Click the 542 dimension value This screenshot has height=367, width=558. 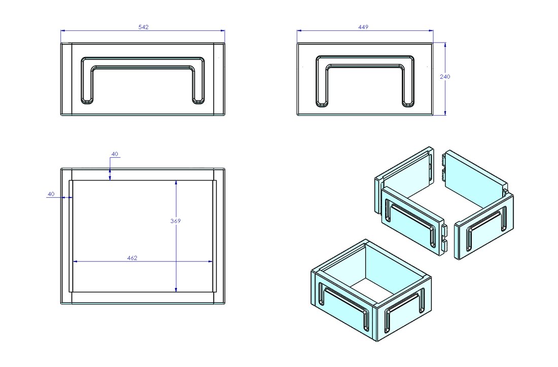143,27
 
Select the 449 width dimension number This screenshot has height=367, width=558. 363,27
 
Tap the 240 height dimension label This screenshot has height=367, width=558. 445,77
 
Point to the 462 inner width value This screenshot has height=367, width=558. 132,258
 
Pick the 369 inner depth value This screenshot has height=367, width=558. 176,221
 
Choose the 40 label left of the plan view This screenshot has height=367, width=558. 51,194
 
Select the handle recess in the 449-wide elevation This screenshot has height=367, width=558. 364,62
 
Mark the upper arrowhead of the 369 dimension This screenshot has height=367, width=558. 176,183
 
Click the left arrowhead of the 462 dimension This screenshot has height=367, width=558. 76,262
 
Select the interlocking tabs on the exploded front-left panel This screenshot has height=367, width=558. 444,236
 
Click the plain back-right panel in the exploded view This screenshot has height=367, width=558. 474,172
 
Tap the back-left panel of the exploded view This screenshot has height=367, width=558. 406,172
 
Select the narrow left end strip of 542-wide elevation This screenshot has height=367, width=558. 66,79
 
